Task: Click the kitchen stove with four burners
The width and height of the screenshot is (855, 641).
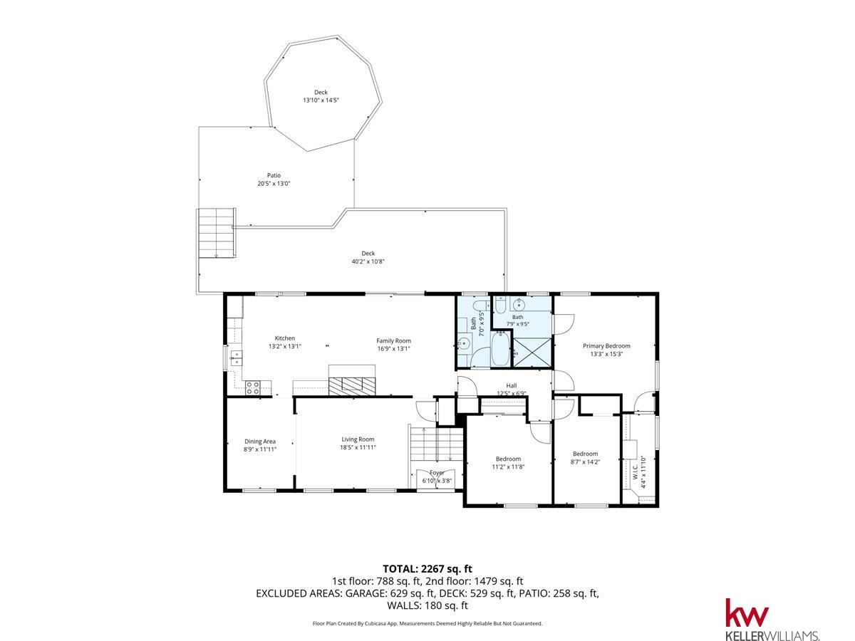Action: pos(252,387)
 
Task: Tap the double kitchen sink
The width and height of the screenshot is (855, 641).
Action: pos(236,358)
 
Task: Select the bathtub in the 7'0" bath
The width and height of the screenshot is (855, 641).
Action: pos(500,349)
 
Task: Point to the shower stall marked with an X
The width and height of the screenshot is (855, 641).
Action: pos(532,353)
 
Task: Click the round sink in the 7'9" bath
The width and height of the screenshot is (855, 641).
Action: pos(519,305)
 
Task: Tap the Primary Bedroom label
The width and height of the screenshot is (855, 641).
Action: pos(606,345)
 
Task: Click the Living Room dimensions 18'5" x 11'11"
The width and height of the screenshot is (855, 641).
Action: pos(358,447)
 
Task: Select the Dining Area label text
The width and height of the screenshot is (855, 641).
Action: pos(260,442)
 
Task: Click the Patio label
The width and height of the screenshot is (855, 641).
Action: pos(274,175)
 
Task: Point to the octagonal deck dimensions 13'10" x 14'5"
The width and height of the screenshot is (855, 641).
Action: pos(321,100)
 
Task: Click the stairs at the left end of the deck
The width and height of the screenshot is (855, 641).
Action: pos(217,232)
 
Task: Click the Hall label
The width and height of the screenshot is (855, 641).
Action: pos(512,385)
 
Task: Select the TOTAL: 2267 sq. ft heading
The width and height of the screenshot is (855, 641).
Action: pos(427,569)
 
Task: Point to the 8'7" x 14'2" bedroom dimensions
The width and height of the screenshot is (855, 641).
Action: pos(585,462)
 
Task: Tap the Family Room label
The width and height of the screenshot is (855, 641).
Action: pos(393,340)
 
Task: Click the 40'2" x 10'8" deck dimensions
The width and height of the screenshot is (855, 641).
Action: pos(368,261)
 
